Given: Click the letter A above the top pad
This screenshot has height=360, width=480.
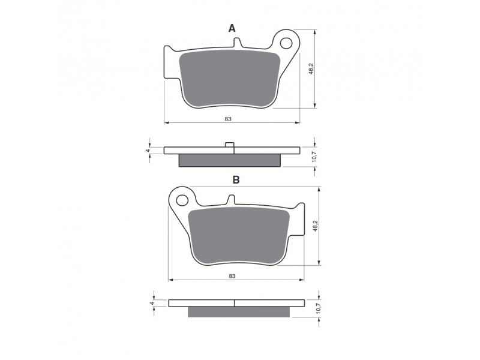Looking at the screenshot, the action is click(x=232, y=28).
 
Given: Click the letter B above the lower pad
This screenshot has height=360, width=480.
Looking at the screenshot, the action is click(x=236, y=179).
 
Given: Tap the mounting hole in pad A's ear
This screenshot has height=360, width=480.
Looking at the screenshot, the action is click(x=287, y=43).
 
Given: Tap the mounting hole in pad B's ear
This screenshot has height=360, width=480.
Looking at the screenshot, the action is click(x=182, y=200).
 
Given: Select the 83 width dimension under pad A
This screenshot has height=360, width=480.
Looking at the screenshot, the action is click(x=228, y=119).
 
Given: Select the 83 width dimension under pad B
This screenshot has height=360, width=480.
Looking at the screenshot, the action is click(x=232, y=276).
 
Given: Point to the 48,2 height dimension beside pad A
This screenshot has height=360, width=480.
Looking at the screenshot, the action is click(x=311, y=69).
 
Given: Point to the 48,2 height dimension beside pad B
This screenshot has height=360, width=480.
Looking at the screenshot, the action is click(x=316, y=226).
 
